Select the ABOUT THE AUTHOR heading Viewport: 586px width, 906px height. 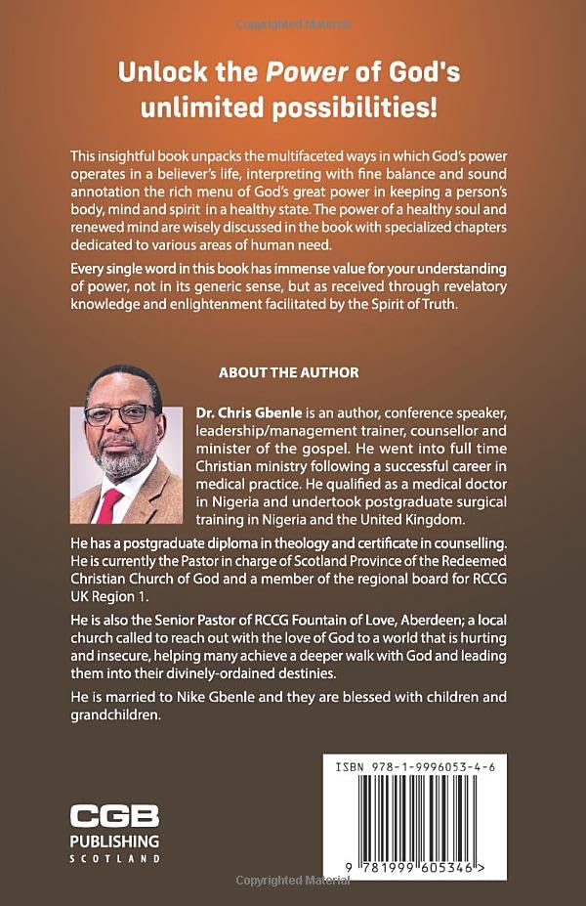pos(288,372)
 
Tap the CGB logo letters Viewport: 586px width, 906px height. pos(113,818)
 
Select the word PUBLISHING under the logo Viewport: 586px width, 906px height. pos(113,841)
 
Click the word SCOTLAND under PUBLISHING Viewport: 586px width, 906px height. pos(113,858)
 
